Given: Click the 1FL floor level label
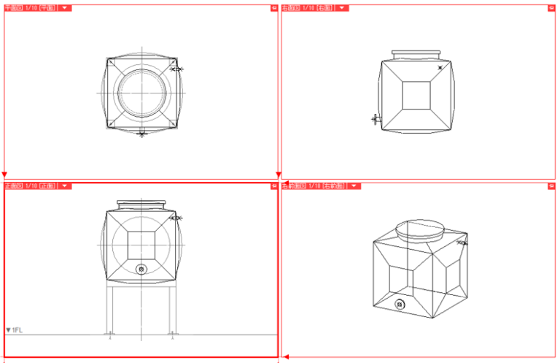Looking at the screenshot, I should [15, 330].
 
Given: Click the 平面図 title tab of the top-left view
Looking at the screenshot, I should [30, 8].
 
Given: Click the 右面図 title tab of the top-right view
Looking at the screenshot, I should [307, 8].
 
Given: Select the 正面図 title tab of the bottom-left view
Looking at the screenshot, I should [30, 186].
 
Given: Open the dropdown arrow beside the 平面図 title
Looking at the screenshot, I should [66, 8].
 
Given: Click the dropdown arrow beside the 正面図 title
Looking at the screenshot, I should [66, 186].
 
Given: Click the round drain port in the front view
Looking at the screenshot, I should [141, 270].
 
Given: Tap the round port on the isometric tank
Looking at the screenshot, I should [400, 304].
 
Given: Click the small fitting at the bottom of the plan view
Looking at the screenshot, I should [142, 133].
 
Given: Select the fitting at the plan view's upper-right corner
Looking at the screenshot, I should [176, 69].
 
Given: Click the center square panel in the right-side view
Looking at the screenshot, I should [416, 95].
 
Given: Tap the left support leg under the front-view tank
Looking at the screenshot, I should [109, 310].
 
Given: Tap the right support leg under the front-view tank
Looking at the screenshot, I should [173, 310].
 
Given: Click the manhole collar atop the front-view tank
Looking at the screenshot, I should [141, 205].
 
